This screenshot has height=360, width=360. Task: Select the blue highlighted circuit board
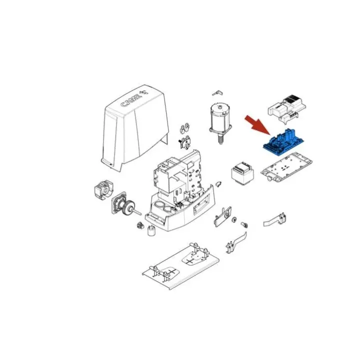point(284,143)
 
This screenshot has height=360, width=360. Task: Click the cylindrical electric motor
point(220,119)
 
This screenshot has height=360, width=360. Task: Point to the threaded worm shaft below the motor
point(220,139)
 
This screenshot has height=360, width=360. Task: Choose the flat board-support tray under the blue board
point(286,166)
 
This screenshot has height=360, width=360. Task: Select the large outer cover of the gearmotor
point(135,128)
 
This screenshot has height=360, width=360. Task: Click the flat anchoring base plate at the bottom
point(180,266)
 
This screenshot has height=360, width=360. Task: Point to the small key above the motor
point(217,92)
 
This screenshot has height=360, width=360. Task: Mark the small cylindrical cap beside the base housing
point(151,230)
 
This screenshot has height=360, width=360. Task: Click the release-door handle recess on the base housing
point(201,202)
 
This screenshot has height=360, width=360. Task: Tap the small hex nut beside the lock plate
point(234,219)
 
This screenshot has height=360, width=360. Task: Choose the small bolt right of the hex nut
point(244,224)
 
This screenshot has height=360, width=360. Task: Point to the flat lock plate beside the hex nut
point(222,216)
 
